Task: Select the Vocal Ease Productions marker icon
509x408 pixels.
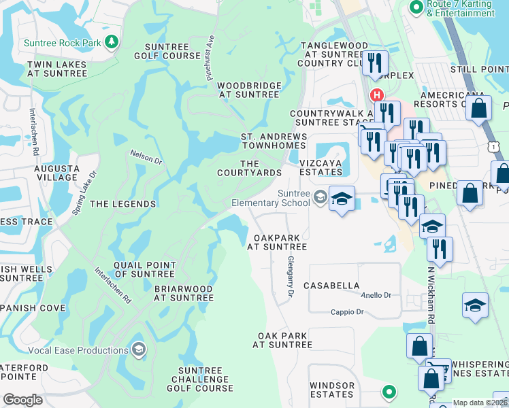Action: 139,350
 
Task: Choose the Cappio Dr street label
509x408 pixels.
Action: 347,312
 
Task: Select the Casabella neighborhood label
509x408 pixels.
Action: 331,286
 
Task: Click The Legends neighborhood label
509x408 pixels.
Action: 123,204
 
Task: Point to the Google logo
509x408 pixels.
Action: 22,400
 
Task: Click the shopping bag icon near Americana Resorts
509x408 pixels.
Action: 479,107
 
